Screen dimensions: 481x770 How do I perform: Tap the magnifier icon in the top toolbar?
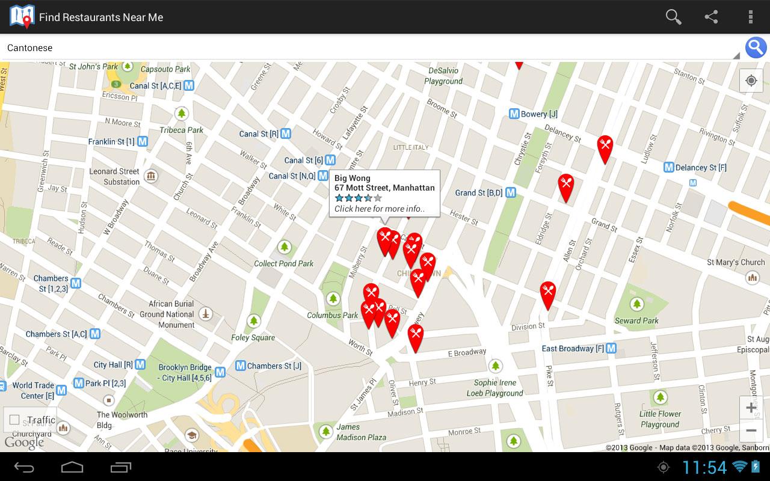(673, 17)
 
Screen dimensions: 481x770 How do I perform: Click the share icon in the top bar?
(712, 17)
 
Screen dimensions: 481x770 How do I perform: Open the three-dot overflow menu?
(750, 17)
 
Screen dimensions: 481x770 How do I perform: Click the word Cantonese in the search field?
(30, 48)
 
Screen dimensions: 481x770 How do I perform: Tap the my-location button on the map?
(751, 81)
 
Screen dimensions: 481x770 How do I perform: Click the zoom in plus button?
(751, 408)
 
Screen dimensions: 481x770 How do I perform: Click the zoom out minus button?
(751, 431)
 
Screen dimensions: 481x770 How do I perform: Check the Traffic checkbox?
(15, 420)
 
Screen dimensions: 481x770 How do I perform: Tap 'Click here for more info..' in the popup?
(379, 209)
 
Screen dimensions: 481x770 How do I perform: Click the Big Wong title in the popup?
(353, 178)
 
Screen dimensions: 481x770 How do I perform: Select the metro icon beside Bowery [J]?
(514, 114)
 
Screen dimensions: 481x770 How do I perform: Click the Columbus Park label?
(333, 315)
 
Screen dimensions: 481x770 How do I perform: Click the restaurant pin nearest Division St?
(547, 294)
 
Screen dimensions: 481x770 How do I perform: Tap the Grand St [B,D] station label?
(478, 192)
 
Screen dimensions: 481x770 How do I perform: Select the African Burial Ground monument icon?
(205, 313)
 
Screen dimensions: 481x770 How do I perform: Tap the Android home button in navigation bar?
(72, 467)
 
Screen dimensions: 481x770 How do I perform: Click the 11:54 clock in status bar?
(704, 467)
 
